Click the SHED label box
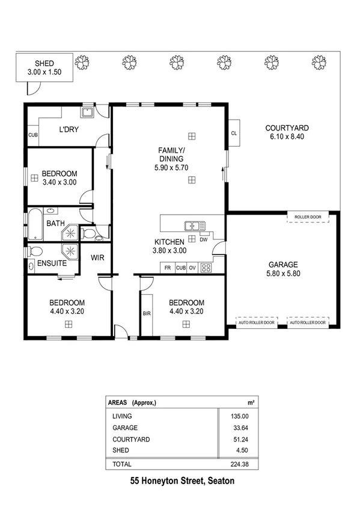pyautogui.click(x=44, y=67)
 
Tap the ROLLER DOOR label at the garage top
pyautogui.click(x=308, y=217)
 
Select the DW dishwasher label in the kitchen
pyautogui.click(x=203, y=239)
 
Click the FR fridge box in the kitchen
pyautogui.click(x=167, y=268)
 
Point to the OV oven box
pyautogui.click(x=192, y=268)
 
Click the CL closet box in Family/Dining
pyautogui.click(x=234, y=134)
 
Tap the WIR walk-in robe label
pyautogui.click(x=98, y=257)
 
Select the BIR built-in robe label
pyautogui.click(x=146, y=313)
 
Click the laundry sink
pyautogui.click(x=87, y=112)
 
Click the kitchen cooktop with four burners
pyautogui.click(x=206, y=268)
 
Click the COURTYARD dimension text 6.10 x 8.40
pyautogui.click(x=287, y=137)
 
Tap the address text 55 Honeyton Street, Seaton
pyautogui.click(x=182, y=481)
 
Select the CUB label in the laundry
pyautogui.click(x=32, y=135)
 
